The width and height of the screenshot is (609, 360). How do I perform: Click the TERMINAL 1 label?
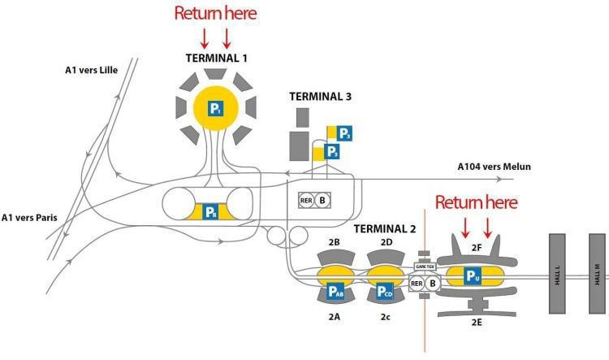tap(216, 58)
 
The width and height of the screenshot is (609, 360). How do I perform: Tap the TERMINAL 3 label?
tap(320, 96)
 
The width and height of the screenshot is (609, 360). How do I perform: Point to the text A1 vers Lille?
tap(92, 71)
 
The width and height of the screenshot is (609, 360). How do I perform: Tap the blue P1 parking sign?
tap(216, 108)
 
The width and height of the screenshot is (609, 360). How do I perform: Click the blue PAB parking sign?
tap(335, 290)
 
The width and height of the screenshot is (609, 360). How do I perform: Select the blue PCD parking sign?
tap(385, 290)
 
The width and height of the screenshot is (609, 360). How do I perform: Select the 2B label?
tap(333, 243)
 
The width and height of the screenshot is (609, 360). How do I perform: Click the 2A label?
tap(333, 316)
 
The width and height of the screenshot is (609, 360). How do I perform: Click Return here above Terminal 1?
tap(216, 14)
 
